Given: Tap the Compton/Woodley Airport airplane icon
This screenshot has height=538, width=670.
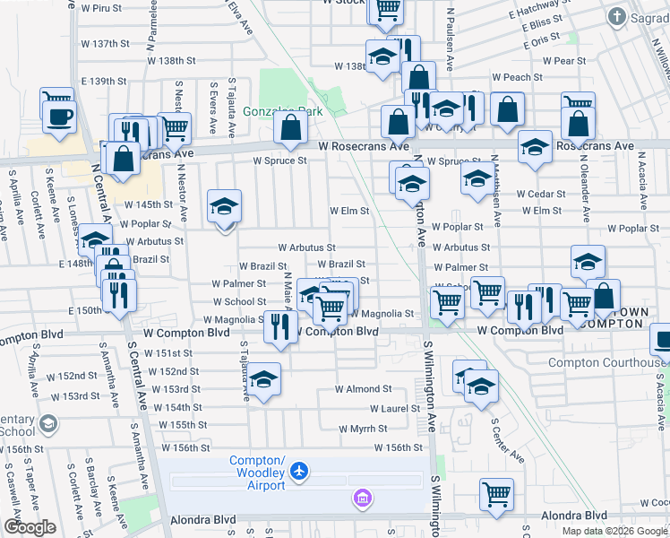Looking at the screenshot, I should click(300, 471).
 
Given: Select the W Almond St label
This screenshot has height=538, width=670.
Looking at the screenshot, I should click(363, 389).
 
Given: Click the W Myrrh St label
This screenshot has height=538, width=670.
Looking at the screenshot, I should click(362, 429).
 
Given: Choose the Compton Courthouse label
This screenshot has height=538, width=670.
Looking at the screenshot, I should click(605, 363).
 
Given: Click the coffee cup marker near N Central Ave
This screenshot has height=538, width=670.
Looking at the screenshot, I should click(59, 116).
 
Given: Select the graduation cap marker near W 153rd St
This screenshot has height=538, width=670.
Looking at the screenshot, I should click(263, 379).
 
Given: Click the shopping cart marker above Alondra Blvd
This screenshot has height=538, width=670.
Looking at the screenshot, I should click(497, 492).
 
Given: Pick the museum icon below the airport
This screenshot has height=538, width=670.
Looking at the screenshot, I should click(362, 498).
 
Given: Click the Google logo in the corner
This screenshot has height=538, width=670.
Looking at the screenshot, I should click(29, 527).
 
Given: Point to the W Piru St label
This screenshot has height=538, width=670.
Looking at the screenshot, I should click(100, 7).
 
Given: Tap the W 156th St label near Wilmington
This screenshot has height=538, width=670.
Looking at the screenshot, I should click(398, 447).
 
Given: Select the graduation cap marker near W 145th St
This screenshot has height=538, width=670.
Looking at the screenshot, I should click(225, 206).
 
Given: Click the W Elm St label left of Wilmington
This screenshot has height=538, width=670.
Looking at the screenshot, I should click(349, 212).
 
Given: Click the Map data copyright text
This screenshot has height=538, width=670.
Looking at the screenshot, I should click(614, 531).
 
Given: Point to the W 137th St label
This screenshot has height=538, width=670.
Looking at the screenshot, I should click(105, 44).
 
